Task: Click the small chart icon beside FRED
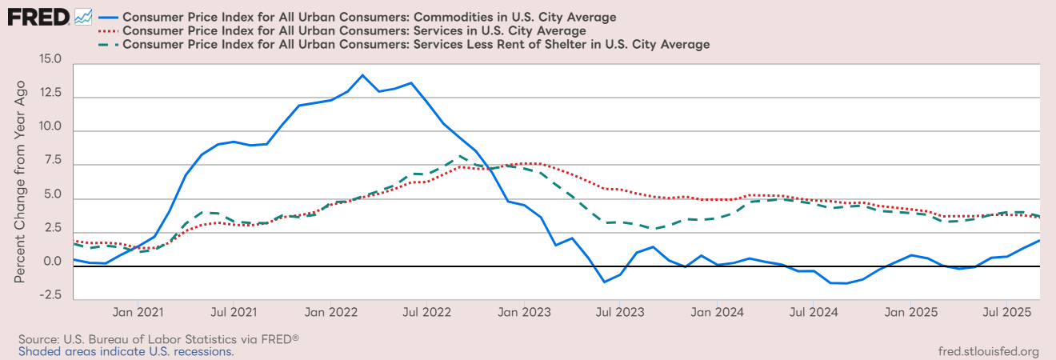pyautogui.click(x=83, y=16)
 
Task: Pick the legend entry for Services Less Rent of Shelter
pyautogui.click(x=416, y=45)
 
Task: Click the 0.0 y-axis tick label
pyautogui.click(x=50, y=262)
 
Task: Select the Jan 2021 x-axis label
pyautogui.click(x=138, y=310)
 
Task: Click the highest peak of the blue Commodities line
pyautogui.click(x=362, y=75)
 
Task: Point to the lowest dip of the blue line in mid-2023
pyautogui.click(x=604, y=282)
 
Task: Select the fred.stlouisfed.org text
pyautogui.click(x=987, y=351)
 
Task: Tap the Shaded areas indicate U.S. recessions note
pyautogui.click(x=126, y=351)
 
